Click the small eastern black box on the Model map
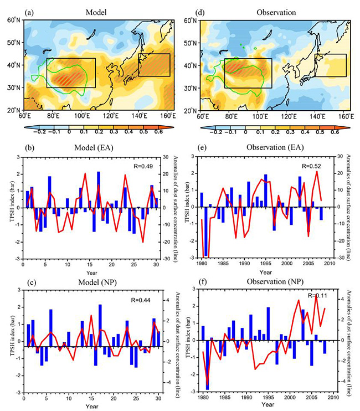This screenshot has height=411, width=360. click(x=154, y=64)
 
